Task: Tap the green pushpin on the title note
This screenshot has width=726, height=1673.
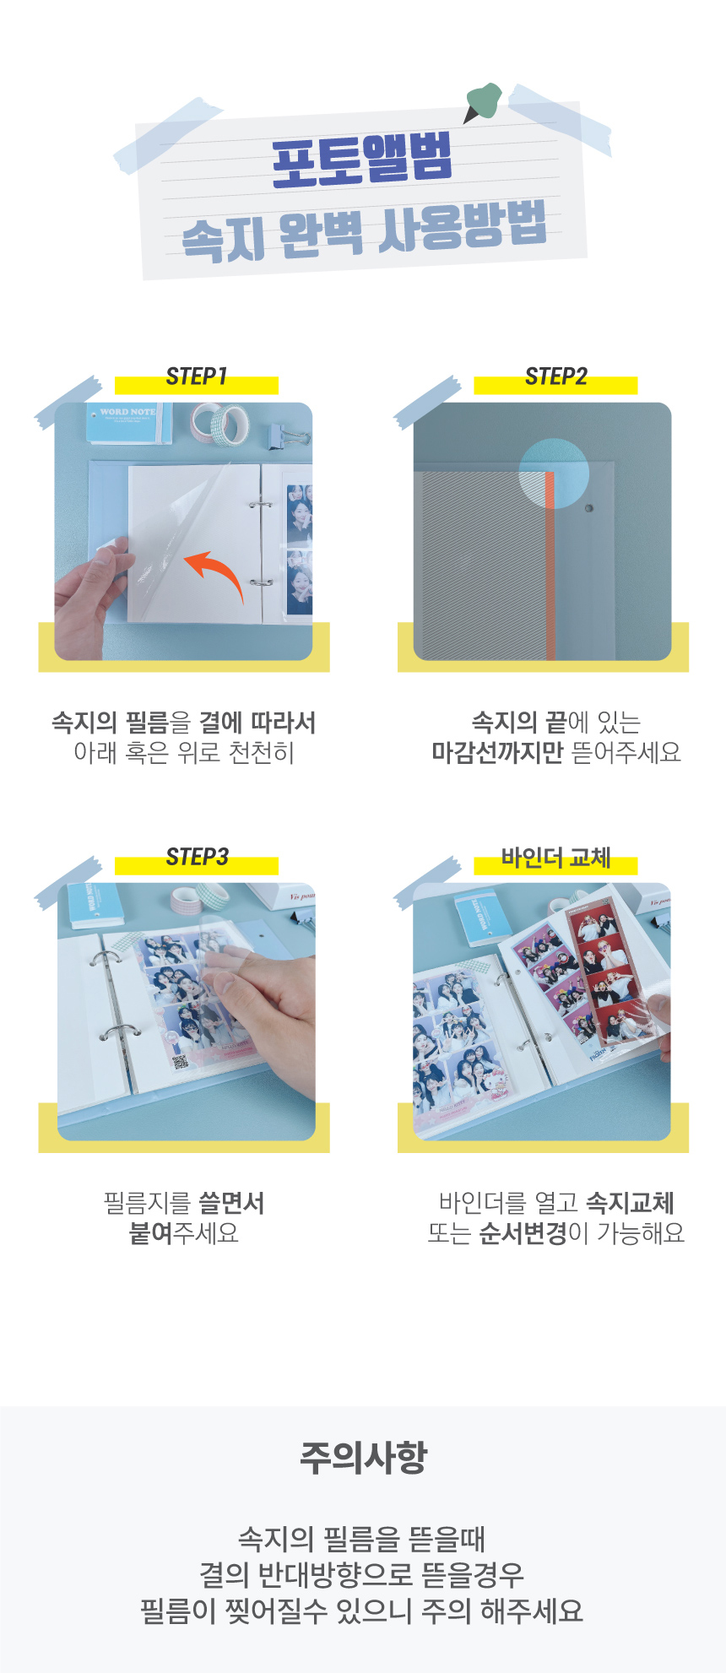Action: (x=484, y=101)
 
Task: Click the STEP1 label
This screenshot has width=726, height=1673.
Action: (x=197, y=376)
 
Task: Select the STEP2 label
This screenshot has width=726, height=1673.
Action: (x=556, y=376)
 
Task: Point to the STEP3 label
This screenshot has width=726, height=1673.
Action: (x=197, y=858)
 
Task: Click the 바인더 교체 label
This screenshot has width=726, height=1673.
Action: (x=556, y=858)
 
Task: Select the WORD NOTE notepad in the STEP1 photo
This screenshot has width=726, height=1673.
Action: (x=129, y=423)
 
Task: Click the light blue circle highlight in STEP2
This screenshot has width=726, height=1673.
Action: (x=554, y=473)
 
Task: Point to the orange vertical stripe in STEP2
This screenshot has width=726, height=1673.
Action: (x=550, y=566)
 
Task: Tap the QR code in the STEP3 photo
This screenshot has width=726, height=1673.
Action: (x=179, y=1062)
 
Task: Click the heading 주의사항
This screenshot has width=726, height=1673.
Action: (x=363, y=1457)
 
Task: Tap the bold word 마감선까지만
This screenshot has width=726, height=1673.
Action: (x=497, y=752)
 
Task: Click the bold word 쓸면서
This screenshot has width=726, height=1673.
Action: (x=231, y=1203)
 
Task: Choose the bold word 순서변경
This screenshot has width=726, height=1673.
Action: (x=523, y=1233)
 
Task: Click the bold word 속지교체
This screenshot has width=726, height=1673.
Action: (x=630, y=1203)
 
